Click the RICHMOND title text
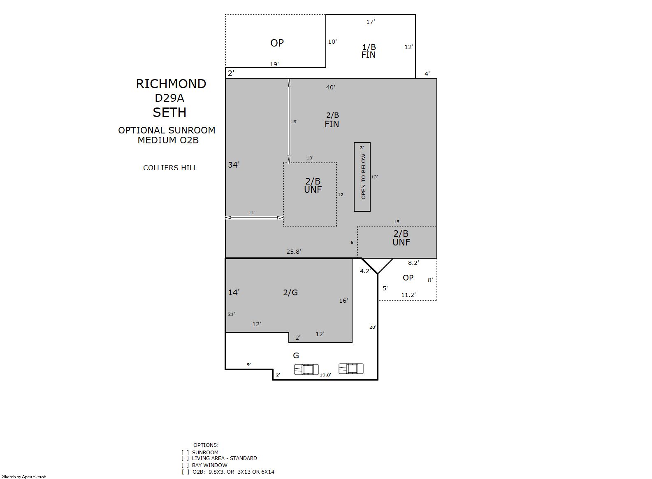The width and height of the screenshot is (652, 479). [171, 84]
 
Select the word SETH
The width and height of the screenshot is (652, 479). [170, 112]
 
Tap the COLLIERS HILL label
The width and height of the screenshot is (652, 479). [170, 168]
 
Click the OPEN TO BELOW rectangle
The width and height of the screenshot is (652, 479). [362, 177]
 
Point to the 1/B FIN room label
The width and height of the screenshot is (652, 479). [369, 51]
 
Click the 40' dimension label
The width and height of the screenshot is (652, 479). [331, 87]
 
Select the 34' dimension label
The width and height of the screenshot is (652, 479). [234, 165]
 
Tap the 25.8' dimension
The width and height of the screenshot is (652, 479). [293, 252]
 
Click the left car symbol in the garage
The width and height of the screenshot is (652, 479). [306, 369]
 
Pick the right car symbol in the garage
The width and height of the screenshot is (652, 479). [351, 369]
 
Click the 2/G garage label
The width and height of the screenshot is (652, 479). [290, 292]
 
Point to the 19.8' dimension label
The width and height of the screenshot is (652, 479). [325, 375]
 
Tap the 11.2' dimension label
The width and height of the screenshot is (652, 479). [408, 295]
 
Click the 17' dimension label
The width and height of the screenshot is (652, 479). [371, 22]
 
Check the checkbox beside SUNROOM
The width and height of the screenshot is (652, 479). [185, 453]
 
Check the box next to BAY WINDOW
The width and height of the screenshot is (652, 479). [185, 465]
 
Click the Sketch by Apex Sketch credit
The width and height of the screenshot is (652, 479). [24, 477]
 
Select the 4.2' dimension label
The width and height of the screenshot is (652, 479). [365, 271]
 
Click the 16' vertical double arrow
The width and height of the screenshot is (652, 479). [289, 121]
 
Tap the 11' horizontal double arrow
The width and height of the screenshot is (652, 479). [254, 217]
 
